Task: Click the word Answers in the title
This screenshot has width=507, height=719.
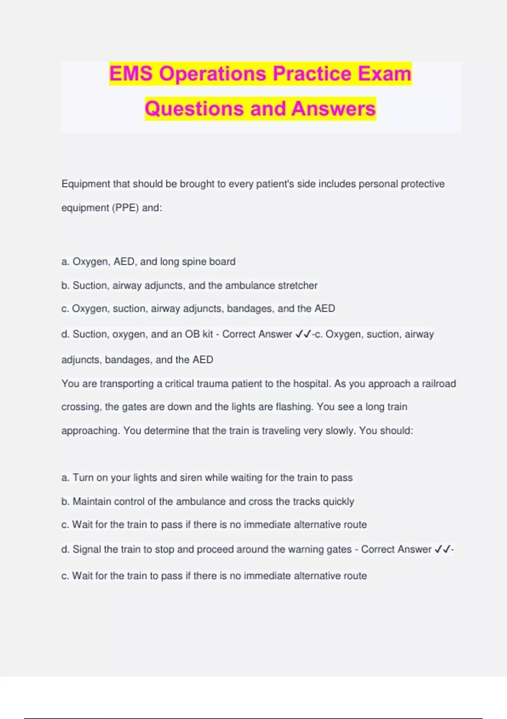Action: tap(333, 109)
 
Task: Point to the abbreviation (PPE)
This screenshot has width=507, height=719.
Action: tap(125, 208)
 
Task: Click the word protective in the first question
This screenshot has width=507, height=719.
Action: tap(422, 184)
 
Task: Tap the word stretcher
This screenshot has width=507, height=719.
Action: tap(297, 285)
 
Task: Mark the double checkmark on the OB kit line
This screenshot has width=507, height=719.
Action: tap(303, 334)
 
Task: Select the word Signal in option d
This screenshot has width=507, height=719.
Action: tap(87, 549)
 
